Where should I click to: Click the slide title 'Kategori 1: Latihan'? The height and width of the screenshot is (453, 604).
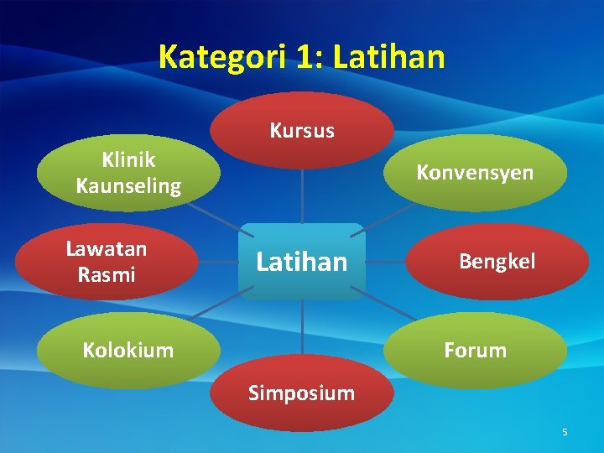301,57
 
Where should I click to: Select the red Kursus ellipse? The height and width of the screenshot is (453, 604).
301,130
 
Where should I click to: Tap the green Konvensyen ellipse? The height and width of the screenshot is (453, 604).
475,172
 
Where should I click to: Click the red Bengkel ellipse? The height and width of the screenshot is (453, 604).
497,262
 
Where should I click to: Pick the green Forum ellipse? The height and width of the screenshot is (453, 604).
475,351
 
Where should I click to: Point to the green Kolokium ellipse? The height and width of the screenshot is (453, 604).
128,351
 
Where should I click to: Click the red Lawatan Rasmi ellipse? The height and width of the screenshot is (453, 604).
107,262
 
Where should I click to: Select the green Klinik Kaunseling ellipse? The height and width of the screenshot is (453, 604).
128,173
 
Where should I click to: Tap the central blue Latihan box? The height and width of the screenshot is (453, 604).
301,262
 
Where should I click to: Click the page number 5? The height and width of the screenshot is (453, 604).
565,432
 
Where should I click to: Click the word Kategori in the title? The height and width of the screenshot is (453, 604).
220,57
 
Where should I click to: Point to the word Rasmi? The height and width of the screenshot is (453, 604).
107,274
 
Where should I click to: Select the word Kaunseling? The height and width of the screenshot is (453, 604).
128,185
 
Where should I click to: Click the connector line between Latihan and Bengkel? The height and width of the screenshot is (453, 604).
386,262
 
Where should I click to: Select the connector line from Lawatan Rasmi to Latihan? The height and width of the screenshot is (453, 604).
218,262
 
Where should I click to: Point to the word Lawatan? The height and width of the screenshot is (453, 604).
107,249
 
